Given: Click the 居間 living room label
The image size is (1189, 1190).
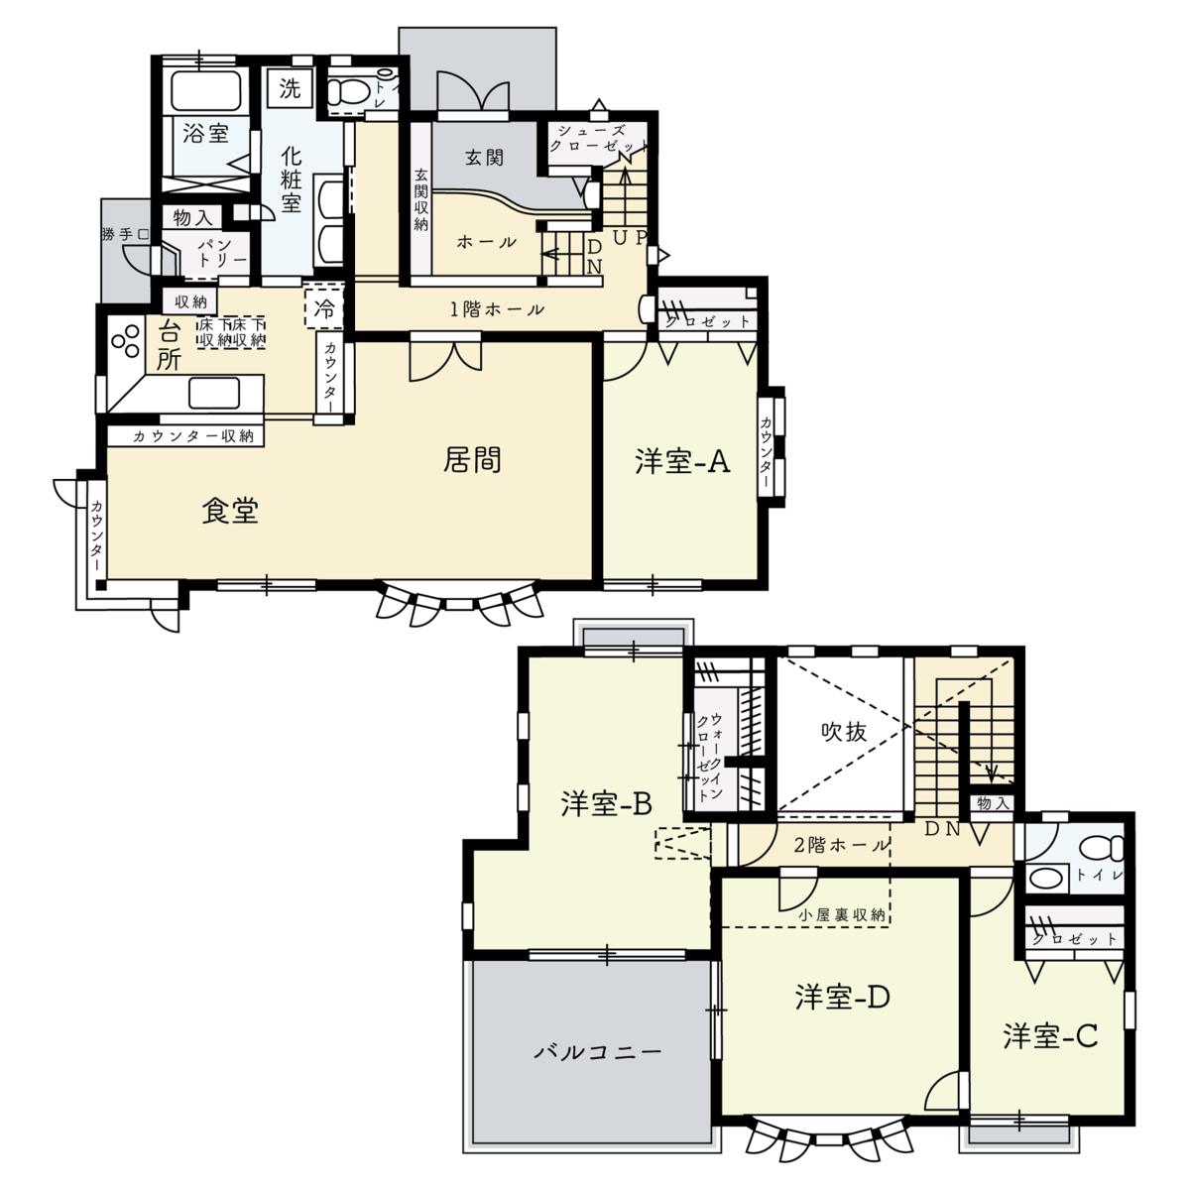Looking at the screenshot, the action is coord(472,460).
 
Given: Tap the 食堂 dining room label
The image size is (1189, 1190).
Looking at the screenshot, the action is coord(230,512).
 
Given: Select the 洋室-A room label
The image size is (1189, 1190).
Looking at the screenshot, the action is coord(682,462).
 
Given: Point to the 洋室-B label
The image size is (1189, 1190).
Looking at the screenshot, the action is coord(607,804).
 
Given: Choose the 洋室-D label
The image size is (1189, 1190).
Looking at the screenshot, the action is coord(843,998).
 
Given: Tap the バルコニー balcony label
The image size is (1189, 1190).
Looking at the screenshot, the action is coord(598,1051).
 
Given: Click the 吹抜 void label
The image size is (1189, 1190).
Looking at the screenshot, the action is coord(844,732).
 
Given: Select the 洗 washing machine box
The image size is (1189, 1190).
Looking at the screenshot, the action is coord(290,88).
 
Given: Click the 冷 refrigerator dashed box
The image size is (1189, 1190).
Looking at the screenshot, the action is coord(323,306).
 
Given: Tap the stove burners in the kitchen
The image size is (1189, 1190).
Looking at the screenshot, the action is coord(125,341).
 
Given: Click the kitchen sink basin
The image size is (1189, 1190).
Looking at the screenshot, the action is coord(214,393).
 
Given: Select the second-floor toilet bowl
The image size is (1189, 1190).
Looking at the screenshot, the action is coord(1102,848).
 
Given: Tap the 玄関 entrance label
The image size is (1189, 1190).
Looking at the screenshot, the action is coord(485,158).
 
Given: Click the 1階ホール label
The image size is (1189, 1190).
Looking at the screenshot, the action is coord(497,309).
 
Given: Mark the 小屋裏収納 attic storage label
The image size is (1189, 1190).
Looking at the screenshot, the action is coord(841,914).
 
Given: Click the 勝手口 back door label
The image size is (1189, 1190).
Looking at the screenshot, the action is coord(125,235).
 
